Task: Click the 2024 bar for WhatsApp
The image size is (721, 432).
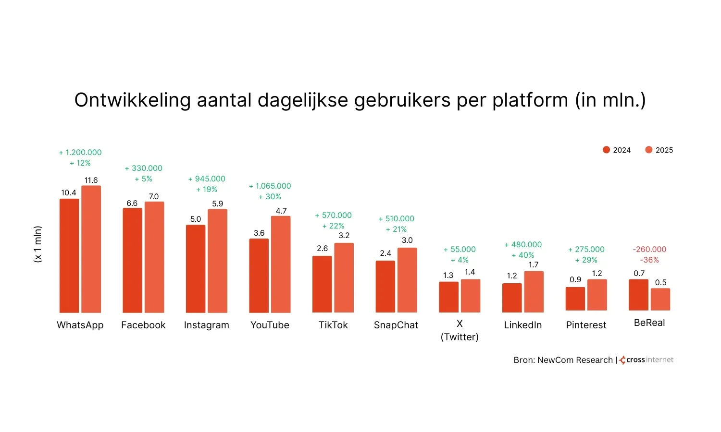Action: click(x=69, y=255)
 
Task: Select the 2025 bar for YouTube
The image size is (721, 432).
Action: click(x=281, y=264)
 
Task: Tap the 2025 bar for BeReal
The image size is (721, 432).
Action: click(x=660, y=299)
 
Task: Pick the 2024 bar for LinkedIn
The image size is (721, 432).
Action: click(x=512, y=298)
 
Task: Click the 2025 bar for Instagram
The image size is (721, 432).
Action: click(x=217, y=261)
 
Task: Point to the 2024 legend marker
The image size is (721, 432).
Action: click(x=606, y=150)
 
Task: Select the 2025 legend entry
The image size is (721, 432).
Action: click(x=659, y=150)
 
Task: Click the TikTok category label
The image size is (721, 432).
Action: click(x=333, y=325)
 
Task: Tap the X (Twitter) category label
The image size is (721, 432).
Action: click(x=460, y=330)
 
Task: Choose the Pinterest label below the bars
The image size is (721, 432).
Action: click(x=586, y=325)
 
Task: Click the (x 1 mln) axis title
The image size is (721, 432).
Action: click(x=38, y=244)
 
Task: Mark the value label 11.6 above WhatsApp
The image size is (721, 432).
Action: click(x=91, y=180)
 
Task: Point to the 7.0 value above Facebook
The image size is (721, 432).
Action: click(x=154, y=196)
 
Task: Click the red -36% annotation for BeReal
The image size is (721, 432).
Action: click(x=649, y=260)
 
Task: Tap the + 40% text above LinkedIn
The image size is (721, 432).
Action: click(x=523, y=255)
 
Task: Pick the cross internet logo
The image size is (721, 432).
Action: click(x=646, y=360)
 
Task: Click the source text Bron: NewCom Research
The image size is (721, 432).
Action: click(x=563, y=360)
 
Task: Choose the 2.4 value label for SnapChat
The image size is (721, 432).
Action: click(x=385, y=253)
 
